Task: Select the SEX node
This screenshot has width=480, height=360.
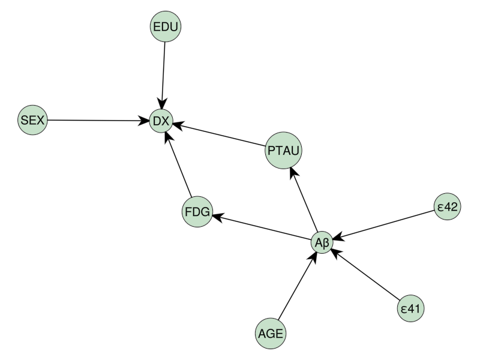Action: click(32, 120)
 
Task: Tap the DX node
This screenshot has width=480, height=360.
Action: click(161, 121)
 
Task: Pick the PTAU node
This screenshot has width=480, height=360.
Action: click(283, 151)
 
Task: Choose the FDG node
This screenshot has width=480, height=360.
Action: click(197, 212)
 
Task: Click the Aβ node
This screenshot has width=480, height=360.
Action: click(321, 243)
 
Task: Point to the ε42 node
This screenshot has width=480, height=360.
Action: click(447, 207)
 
